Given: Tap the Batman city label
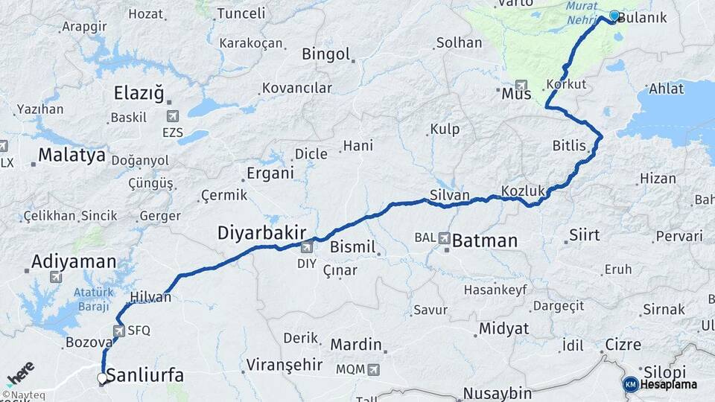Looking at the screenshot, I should pos(484,240).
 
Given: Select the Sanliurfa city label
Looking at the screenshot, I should pos(145,375).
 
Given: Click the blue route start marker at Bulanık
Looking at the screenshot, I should pos(614,16).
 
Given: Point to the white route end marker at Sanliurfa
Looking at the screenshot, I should pos(102,378).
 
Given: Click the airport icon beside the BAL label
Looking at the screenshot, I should pos(445,238).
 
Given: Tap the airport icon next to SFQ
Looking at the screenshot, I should pos(119,330).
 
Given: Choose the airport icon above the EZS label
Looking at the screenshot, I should pos(174,116).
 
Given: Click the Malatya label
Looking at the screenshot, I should pos(71,156).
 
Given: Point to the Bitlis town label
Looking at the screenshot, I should pos(569,144).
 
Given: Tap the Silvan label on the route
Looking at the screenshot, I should pos(449,195).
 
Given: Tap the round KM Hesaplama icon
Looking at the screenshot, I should pos(630,384).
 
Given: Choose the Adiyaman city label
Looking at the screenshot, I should pos(74,261).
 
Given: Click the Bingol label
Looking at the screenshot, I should pos(325,54).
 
